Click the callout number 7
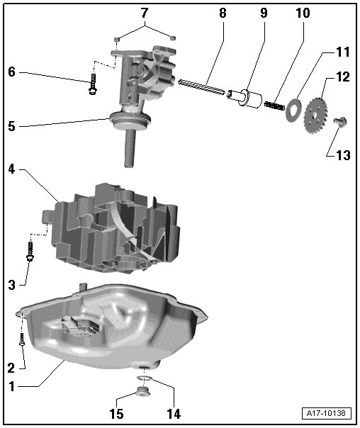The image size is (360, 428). tap(145, 12)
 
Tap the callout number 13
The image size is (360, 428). tap(343, 155)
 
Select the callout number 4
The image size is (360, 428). tap(11, 169)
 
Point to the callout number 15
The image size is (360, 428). tap(116, 414)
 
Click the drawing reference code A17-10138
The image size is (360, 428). tap(326, 413)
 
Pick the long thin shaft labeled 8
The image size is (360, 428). tap(202, 87)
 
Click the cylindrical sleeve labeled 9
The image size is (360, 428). tap(244, 98)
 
